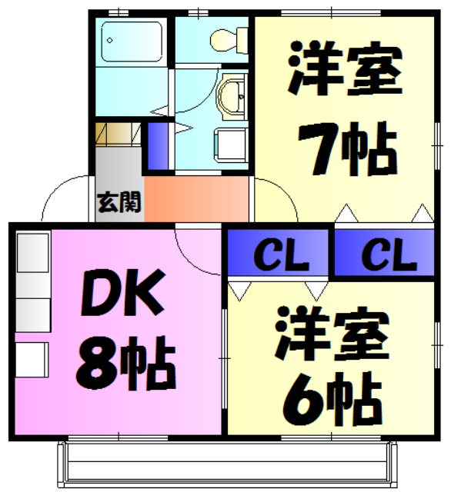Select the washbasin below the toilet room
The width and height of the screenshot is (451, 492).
pyautogui.click(x=230, y=94)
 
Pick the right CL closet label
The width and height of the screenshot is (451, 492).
pyautogui.click(x=383, y=254)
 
